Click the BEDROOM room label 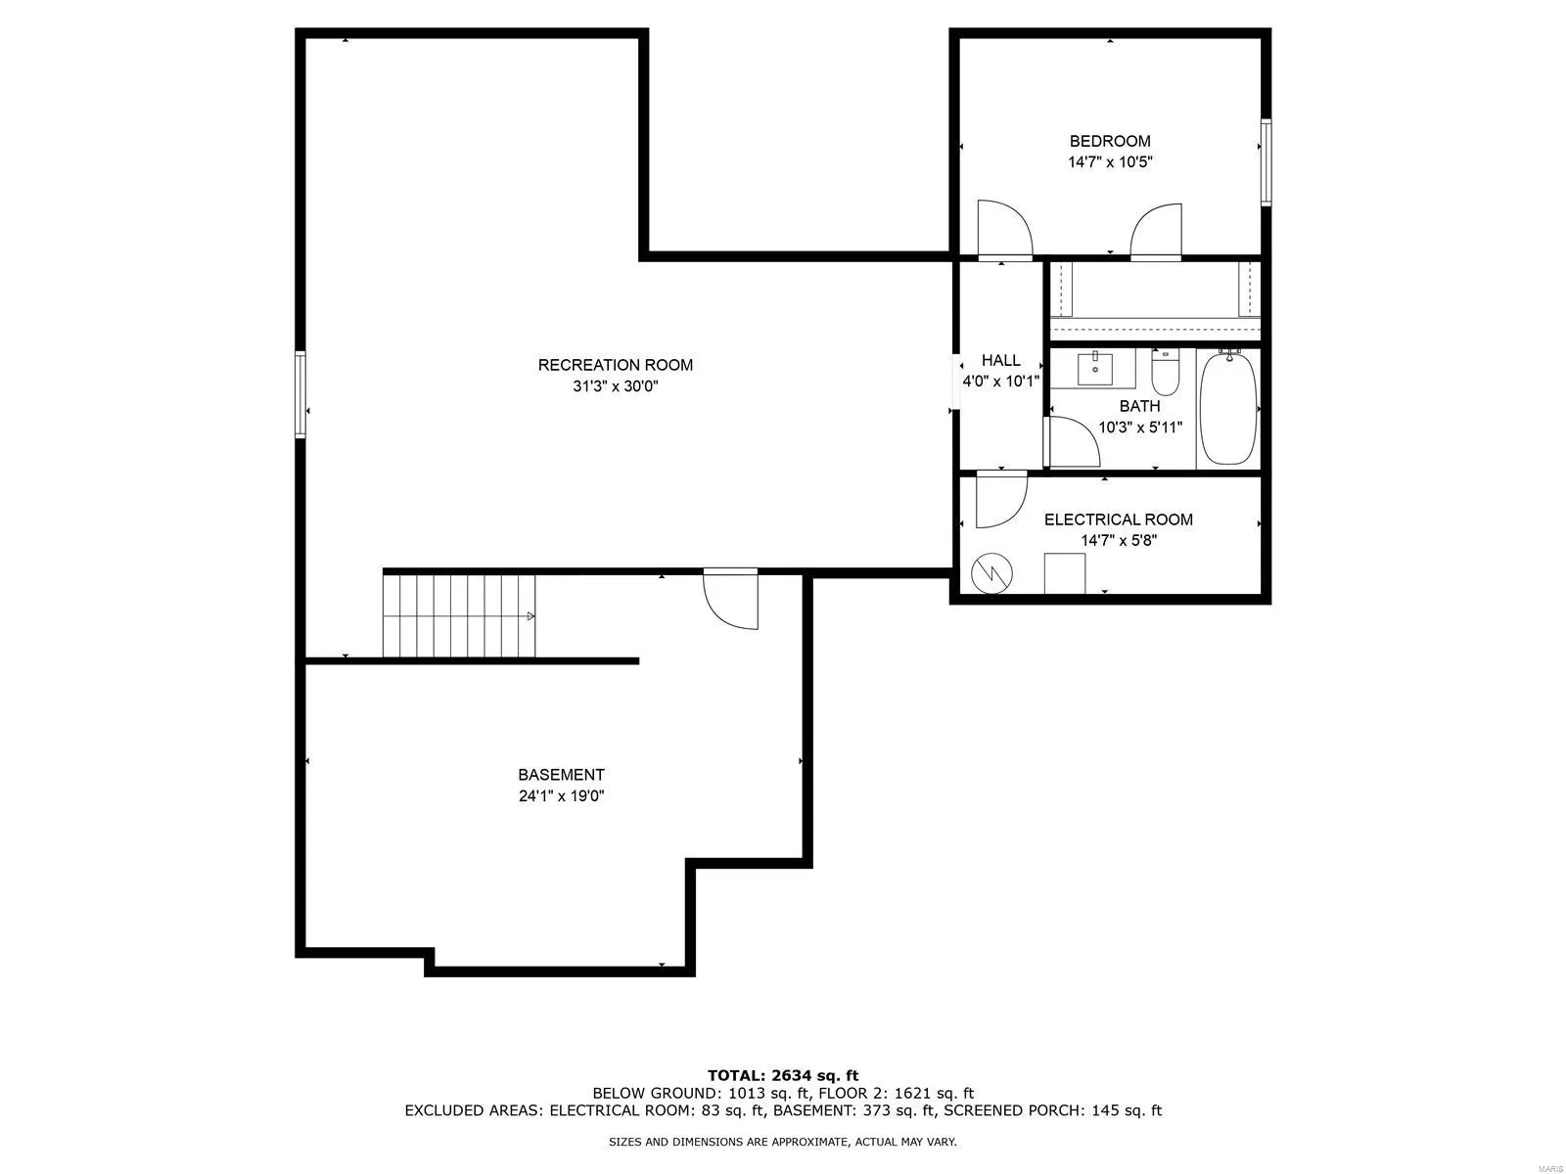1109,141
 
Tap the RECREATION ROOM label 615,365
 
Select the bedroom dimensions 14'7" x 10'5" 1109,161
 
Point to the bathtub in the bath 1228,407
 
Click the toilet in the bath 1165,372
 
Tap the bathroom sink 1094,368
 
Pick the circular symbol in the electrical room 991,572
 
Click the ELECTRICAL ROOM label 1118,519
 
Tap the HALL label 1000,361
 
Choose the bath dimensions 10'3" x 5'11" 1140,428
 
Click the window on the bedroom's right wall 1266,162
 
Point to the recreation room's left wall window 301,394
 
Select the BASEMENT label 561,775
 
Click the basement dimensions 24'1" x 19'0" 561,796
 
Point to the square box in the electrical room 1065,573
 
